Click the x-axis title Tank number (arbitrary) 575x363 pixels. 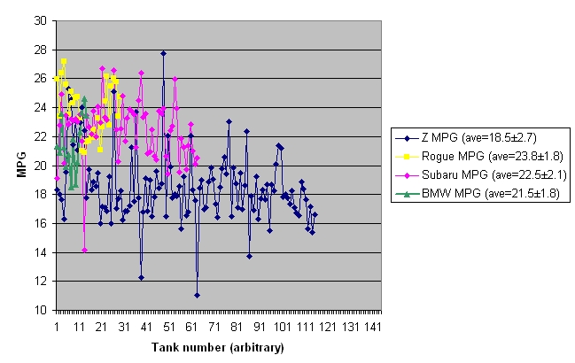point(217,347)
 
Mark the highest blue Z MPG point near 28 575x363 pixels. point(163,53)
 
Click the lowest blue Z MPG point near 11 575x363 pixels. point(197,296)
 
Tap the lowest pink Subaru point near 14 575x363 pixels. point(84,250)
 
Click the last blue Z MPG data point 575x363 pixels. point(315,214)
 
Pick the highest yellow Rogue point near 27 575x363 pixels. point(64,61)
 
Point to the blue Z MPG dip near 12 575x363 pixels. point(141,277)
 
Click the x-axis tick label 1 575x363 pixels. point(56,327)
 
